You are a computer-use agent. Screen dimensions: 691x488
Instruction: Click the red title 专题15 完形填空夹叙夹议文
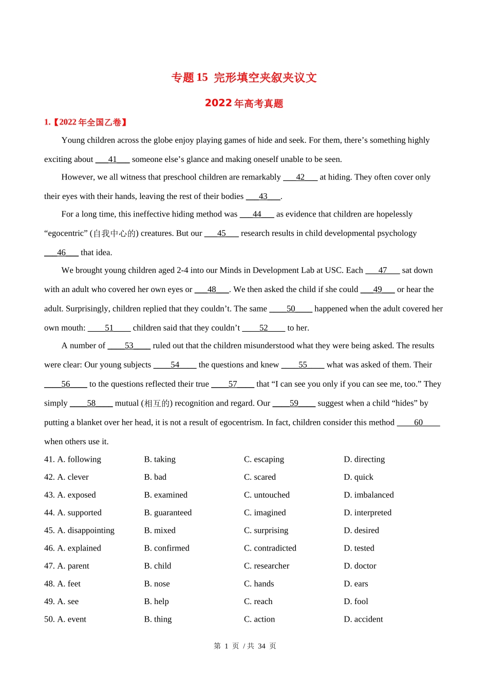click(x=244, y=78)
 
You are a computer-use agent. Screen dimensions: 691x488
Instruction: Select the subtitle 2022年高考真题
click(x=244, y=103)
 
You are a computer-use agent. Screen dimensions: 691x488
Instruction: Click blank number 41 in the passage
click(x=112, y=159)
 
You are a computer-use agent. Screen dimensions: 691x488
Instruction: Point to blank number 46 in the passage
click(x=61, y=252)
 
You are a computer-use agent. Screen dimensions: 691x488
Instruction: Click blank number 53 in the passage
click(x=129, y=345)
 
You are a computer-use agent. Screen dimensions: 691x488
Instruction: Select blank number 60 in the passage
click(x=418, y=422)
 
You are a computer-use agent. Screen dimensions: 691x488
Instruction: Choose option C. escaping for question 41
click(x=264, y=459)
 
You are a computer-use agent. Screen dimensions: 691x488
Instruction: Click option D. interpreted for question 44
click(x=367, y=513)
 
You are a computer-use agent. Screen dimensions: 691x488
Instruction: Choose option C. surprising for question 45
click(x=266, y=530)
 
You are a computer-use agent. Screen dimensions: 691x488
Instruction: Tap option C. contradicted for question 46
click(x=270, y=548)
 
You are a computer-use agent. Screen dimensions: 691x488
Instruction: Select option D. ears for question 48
click(x=356, y=584)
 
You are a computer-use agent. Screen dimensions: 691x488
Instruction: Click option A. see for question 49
click(x=68, y=601)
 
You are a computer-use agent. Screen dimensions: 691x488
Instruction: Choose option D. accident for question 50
click(x=363, y=619)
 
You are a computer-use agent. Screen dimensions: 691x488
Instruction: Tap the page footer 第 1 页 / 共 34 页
click(x=245, y=646)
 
